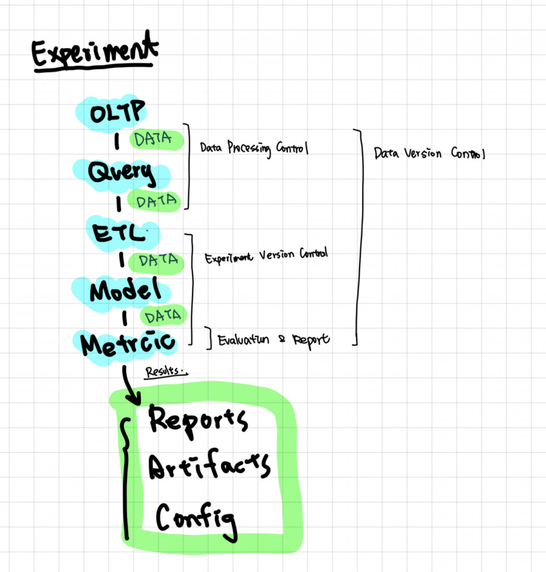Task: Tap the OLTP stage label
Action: pos(117,112)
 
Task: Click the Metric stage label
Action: pos(128,344)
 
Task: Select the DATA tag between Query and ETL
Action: pos(156,201)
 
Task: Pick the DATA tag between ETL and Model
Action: pos(158,260)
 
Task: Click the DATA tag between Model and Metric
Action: pos(164,316)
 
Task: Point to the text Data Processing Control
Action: pos(254,148)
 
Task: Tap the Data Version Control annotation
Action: pos(429,154)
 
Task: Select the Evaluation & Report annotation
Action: pos(274,340)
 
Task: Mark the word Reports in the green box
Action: pos(198,420)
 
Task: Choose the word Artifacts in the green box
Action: pos(208,468)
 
